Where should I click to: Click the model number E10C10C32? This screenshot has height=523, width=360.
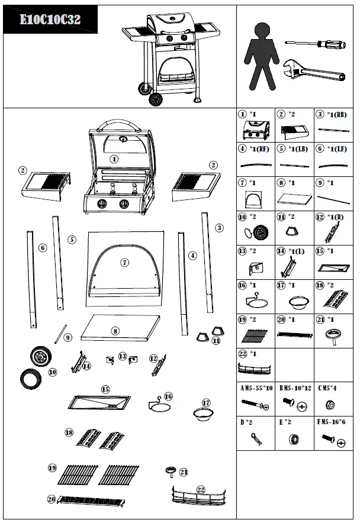pos(50,20)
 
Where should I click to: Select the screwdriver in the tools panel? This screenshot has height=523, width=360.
pos(314,43)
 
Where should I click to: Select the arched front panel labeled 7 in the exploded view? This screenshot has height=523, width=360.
pos(124,265)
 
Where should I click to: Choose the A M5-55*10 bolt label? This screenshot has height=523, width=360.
pos(256,389)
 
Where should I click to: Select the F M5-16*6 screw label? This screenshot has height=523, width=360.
pos(335,423)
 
